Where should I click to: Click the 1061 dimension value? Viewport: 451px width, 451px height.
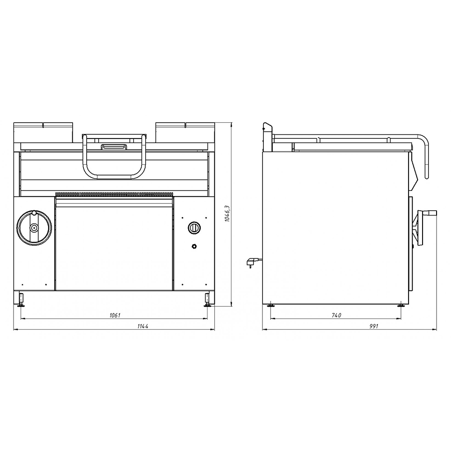115,315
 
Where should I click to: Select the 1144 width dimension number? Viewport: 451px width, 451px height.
143,326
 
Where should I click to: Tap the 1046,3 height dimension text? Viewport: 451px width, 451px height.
227,214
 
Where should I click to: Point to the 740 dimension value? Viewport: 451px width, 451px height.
336,315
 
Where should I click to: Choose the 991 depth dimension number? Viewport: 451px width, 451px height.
374,326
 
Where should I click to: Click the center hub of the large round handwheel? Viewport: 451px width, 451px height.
34,228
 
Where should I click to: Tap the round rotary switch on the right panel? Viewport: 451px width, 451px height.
194,228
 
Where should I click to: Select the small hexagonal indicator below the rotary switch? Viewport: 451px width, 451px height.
194,246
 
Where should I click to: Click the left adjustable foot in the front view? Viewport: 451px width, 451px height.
21,300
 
